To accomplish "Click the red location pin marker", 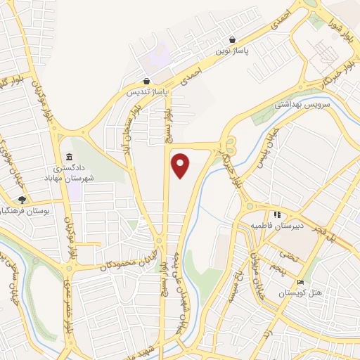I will [x=181, y=165].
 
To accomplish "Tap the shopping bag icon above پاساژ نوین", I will [x=233, y=39].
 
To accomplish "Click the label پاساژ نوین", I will [x=232, y=51].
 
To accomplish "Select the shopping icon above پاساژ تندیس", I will [x=146, y=81].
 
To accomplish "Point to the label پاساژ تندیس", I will [x=146, y=92].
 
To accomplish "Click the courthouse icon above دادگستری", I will [x=68, y=157].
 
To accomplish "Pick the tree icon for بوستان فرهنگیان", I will [x=22, y=200].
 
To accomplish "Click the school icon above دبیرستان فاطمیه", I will [x=277, y=214].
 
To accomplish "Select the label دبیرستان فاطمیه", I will [x=277, y=226].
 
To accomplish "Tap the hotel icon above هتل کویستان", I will [x=301, y=282].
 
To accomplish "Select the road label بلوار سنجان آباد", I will [x=131, y=127].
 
